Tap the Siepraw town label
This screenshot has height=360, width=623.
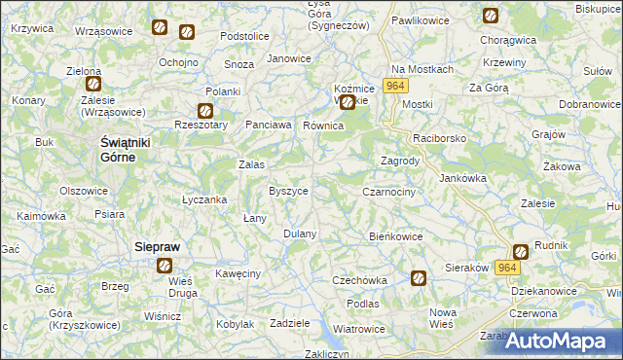click(x=156, y=248)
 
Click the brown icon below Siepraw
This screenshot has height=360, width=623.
click(x=165, y=265)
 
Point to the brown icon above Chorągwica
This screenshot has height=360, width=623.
click(x=490, y=16)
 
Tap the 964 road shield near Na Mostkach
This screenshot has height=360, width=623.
click(x=394, y=87)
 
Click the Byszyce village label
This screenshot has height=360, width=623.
click(x=288, y=191)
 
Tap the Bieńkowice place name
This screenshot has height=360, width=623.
click(x=396, y=236)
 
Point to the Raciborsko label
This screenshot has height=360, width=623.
click(x=440, y=139)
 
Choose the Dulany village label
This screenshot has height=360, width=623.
click(x=300, y=234)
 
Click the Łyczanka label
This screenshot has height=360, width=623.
click(x=204, y=199)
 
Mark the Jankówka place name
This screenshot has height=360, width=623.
click(x=462, y=178)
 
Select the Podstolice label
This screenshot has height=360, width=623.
click(x=244, y=36)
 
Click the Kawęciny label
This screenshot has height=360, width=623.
click(x=238, y=274)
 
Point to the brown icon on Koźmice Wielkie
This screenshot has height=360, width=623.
click(x=347, y=98)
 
